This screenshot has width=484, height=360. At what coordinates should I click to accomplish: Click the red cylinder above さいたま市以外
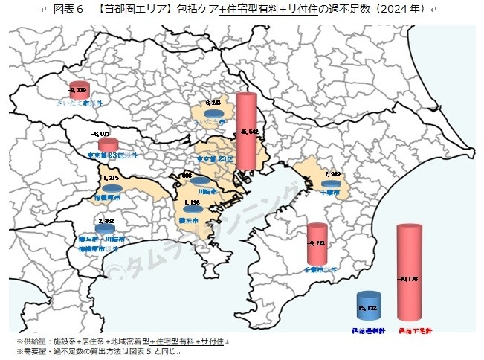tap(78, 90)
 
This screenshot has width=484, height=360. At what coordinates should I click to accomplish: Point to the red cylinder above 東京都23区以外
tap(109, 144)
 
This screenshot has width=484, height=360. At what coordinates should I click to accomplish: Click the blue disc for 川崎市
tap(199, 181)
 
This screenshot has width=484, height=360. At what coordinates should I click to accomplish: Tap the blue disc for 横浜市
tap(193, 209)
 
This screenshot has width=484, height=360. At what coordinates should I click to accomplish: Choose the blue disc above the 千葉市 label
tap(332, 182)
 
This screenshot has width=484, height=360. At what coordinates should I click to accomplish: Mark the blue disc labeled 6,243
tap(214, 114)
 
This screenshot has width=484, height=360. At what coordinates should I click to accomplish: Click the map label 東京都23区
tap(216, 158)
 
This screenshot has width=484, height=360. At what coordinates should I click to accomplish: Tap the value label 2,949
tap(332, 174)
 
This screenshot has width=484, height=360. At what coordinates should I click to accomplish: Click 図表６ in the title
tap(70, 10)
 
